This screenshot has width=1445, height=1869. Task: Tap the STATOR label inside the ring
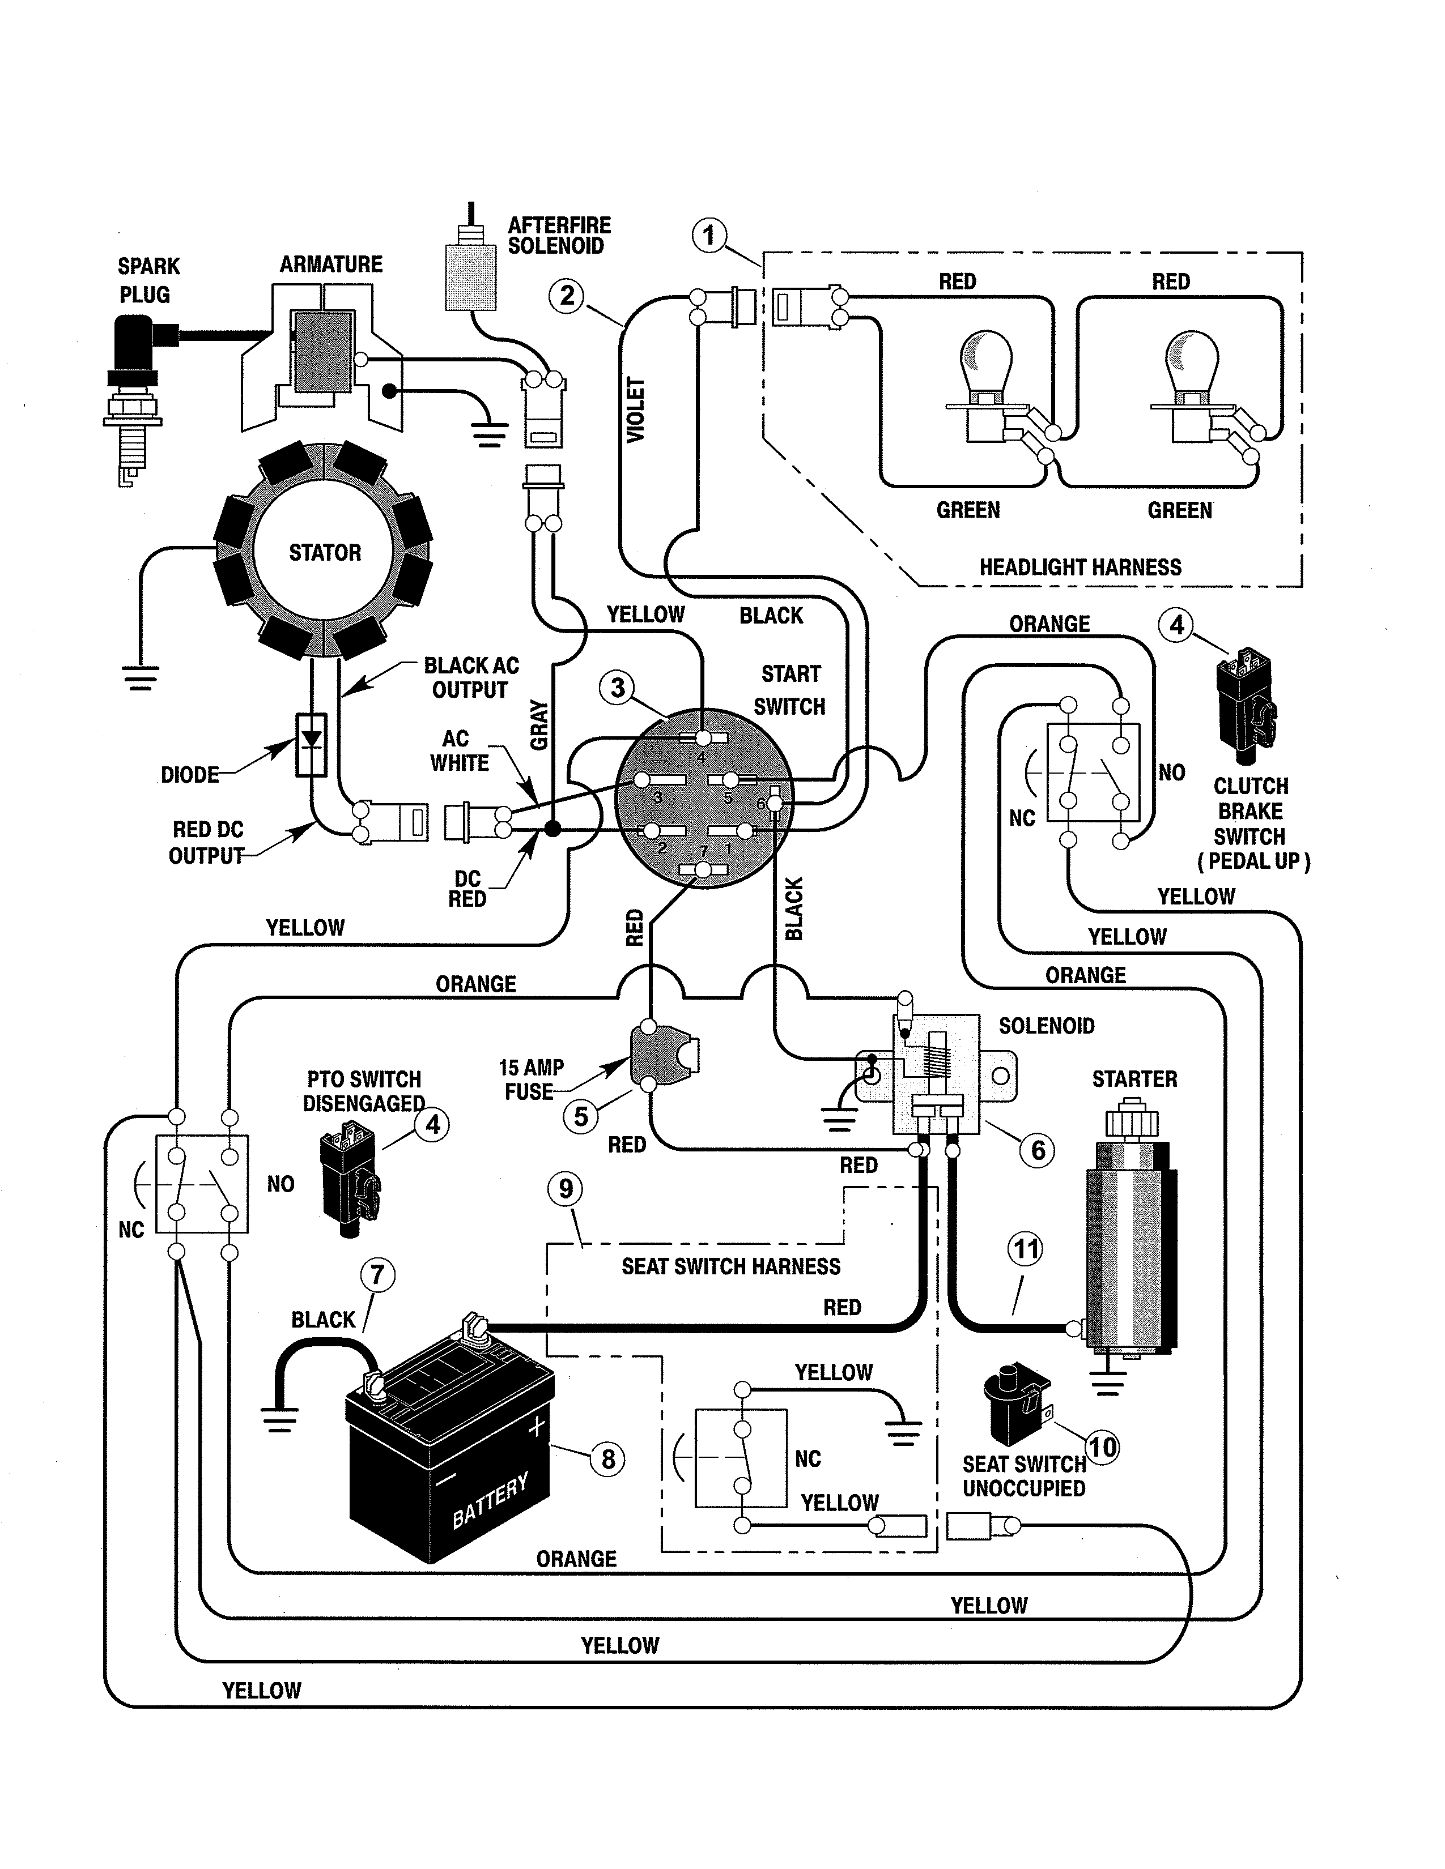click(325, 553)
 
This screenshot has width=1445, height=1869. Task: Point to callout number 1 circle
click(709, 236)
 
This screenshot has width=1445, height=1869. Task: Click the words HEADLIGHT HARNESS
click(1079, 567)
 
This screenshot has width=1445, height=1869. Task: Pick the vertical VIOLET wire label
click(635, 410)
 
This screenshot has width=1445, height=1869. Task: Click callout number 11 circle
click(1026, 1249)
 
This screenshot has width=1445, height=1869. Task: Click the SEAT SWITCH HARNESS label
click(730, 1266)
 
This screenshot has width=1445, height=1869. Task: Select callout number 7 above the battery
click(377, 1275)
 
